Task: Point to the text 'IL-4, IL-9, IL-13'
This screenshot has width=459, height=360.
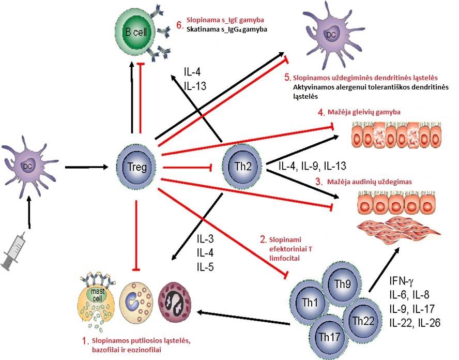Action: click(312, 167)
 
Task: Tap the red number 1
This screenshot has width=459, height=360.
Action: click(86, 341)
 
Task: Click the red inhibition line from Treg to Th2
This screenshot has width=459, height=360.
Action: click(188, 167)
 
